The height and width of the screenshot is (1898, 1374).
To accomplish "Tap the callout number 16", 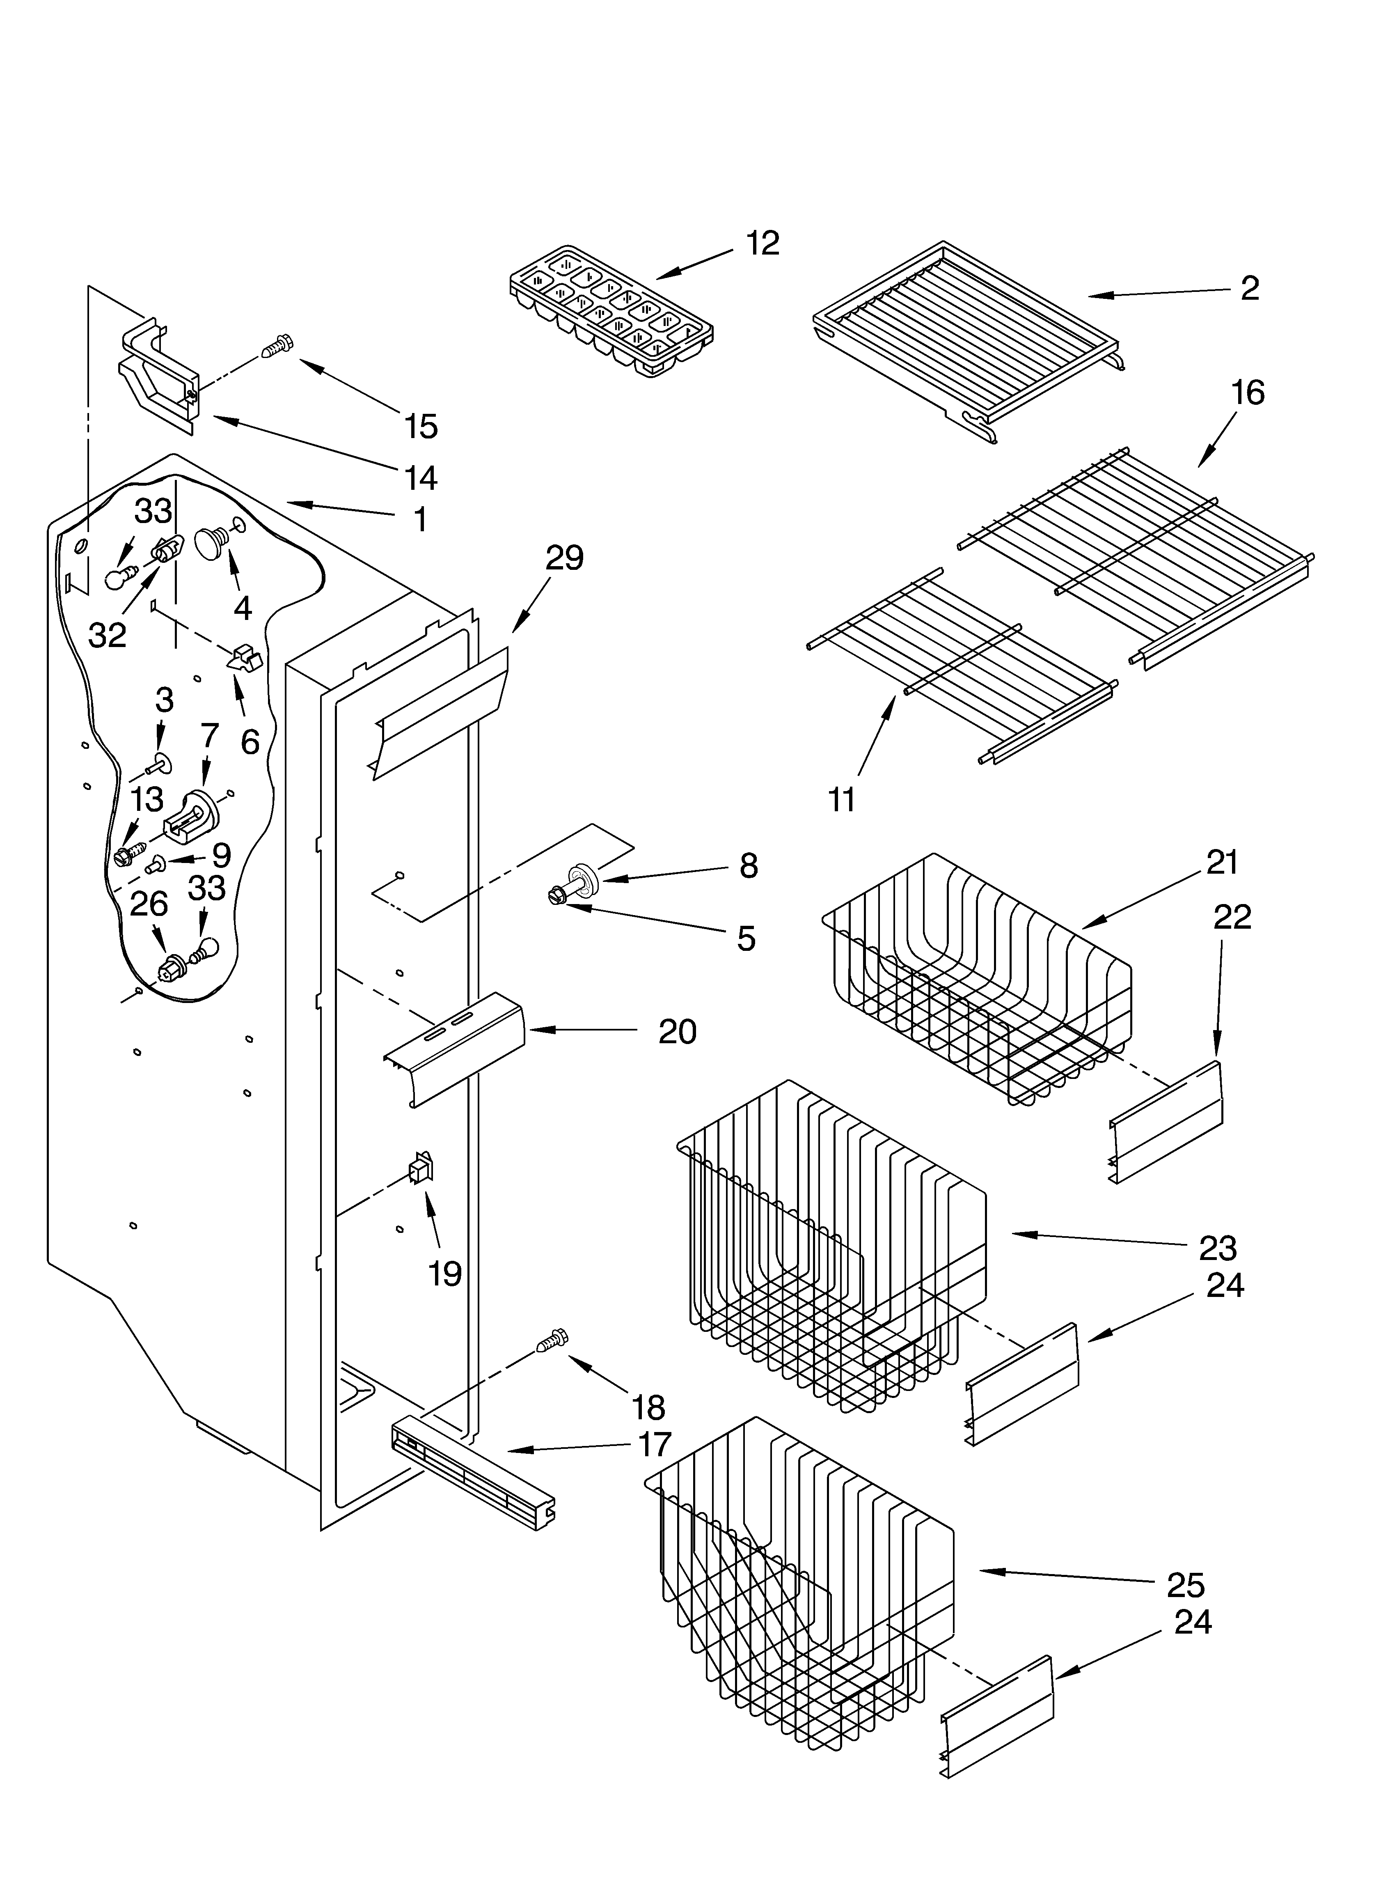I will pyautogui.click(x=1248, y=392).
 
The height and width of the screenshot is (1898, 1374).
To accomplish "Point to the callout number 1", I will pyautogui.click(x=420, y=520).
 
